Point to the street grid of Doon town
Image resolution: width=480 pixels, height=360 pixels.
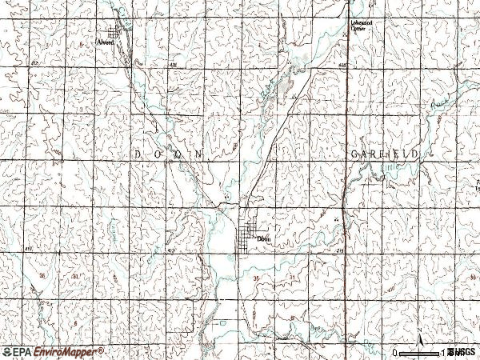[250, 236]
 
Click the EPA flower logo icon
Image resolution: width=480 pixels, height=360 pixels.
[8, 352]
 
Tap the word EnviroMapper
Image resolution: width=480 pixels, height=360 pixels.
[63, 352]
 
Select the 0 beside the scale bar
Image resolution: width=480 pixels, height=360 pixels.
[395, 352]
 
